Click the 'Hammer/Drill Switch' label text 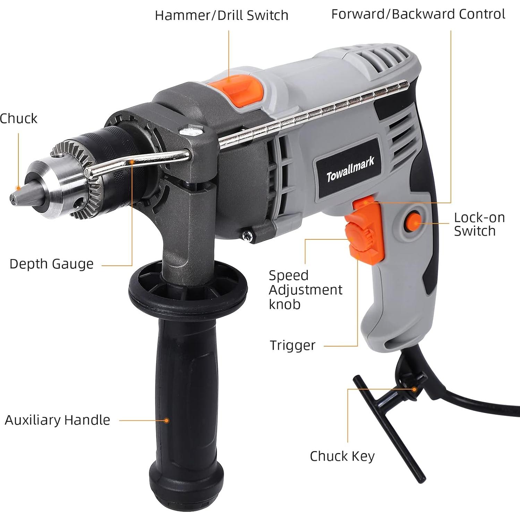(221, 15)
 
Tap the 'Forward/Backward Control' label (418, 14)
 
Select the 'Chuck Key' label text (342, 456)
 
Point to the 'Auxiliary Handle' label (57, 420)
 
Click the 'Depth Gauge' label (51, 264)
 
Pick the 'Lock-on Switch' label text (479, 224)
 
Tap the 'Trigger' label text (292, 345)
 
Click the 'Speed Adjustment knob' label (305, 290)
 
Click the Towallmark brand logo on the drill (350, 170)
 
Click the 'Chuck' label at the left (18, 118)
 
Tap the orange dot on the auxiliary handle (167, 420)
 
